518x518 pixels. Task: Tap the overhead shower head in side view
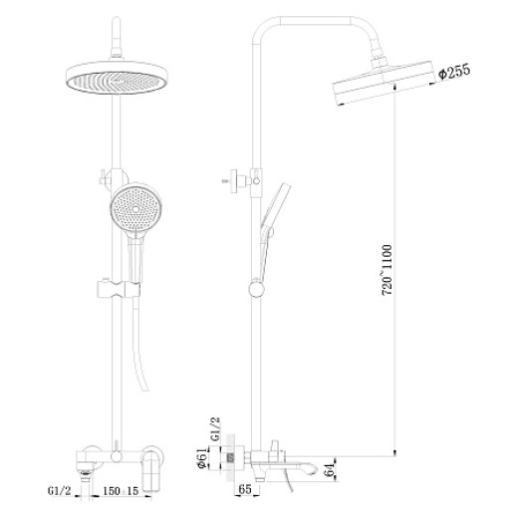click(x=378, y=89)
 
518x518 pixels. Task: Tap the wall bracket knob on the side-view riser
click(x=237, y=183)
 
